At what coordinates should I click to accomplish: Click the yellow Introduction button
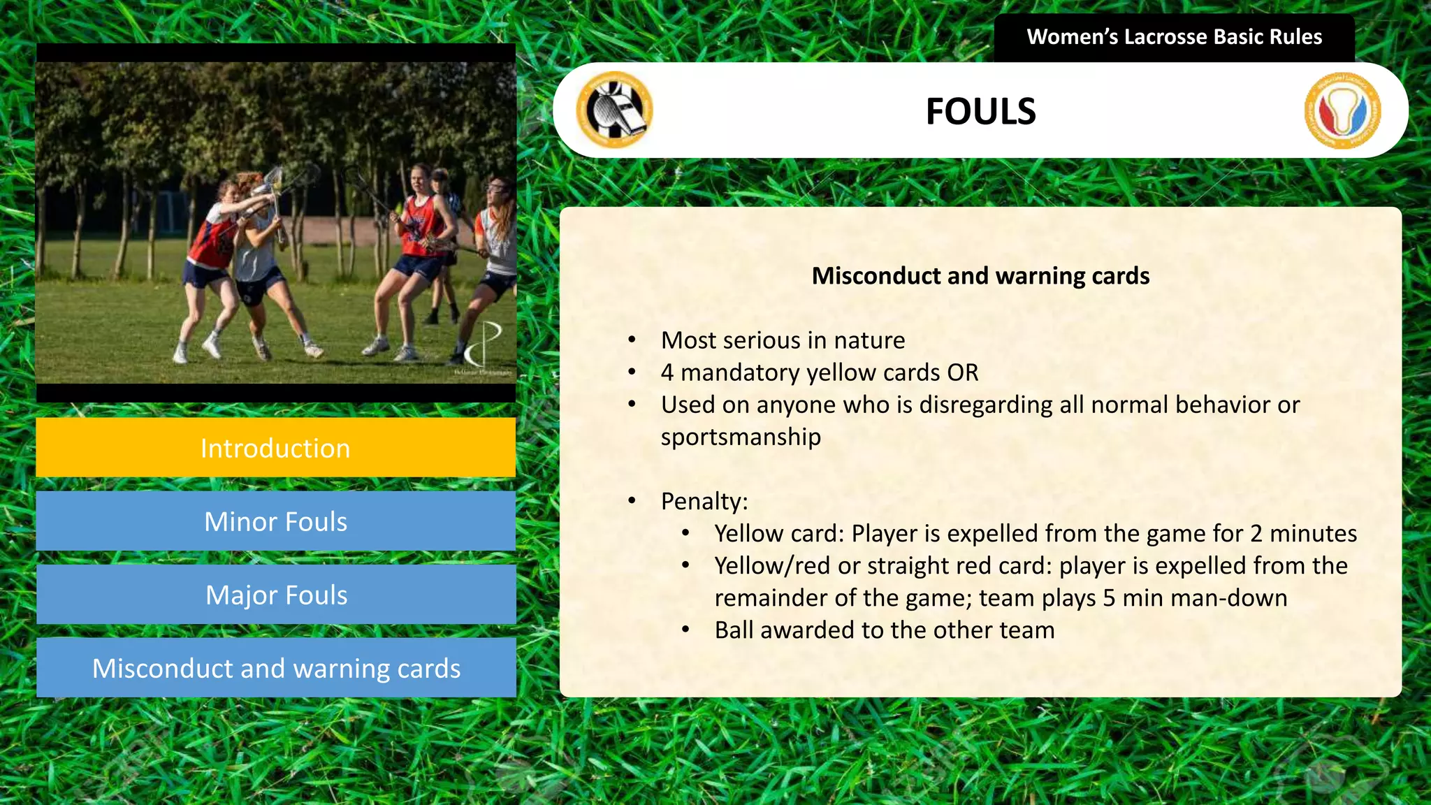pyautogui.click(x=275, y=448)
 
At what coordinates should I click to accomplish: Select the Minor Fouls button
pyautogui.click(x=275, y=521)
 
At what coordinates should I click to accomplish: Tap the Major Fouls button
pyautogui.click(x=275, y=595)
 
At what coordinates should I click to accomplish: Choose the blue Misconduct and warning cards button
pyautogui.click(x=275, y=668)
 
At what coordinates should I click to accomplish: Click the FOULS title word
pyautogui.click(x=980, y=112)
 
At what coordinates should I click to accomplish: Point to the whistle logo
pyautogui.click(x=614, y=110)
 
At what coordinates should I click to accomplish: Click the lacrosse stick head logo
pyautogui.click(x=1342, y=110)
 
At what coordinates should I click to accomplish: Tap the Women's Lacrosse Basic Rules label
pyautogui.click(x=1174, y=37)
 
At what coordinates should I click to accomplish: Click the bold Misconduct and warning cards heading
pyautogui.click(x=980, y=276)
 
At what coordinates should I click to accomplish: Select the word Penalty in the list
pyautogui.click(x=702, y=501)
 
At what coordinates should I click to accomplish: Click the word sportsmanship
pyautogui.click(x=741, y=437)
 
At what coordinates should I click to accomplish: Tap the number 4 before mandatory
pyautogui.click(x=667, y=372)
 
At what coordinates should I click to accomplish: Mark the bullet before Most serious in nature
pyautogui.click(x=632, y=340)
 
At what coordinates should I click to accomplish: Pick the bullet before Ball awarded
pyautogui.click(x=686, y=630)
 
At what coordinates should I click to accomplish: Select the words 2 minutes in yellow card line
pyautogui.click(x=1303, y=533)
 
